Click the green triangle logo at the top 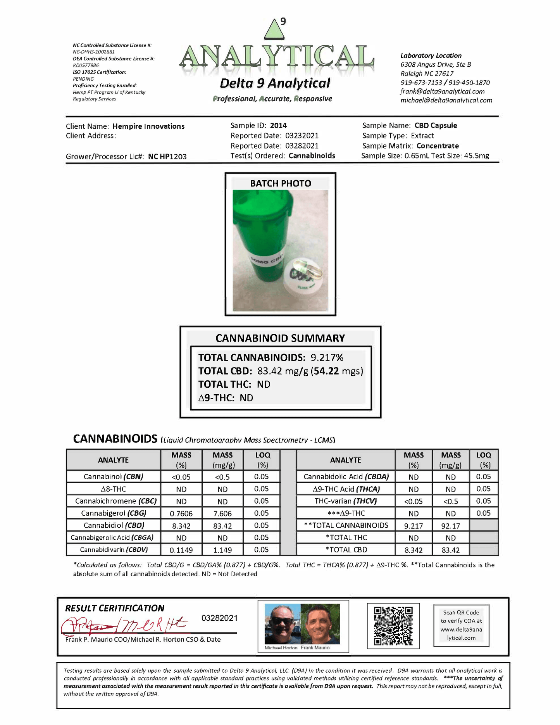tap(274, 30)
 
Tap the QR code tap(393, 626)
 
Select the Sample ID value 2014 tap(278, 126)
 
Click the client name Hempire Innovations tap(148, 126)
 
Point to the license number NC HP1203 tap(167, 157)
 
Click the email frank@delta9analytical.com tap(443, 91)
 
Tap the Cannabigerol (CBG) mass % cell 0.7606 tap(181, 514)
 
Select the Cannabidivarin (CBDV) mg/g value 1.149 tap(222, 550)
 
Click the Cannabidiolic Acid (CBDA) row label tap(346, 477)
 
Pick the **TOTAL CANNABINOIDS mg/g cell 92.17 tap(451, 526)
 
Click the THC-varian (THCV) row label tap(346, 501)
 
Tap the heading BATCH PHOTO tap(280, 183)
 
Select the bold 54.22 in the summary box tap(326, 371)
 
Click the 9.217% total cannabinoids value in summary tap(327, 357)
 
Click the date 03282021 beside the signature tap(219, 618)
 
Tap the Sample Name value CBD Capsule tap(436, 126)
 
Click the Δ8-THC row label tap(113, 489)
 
